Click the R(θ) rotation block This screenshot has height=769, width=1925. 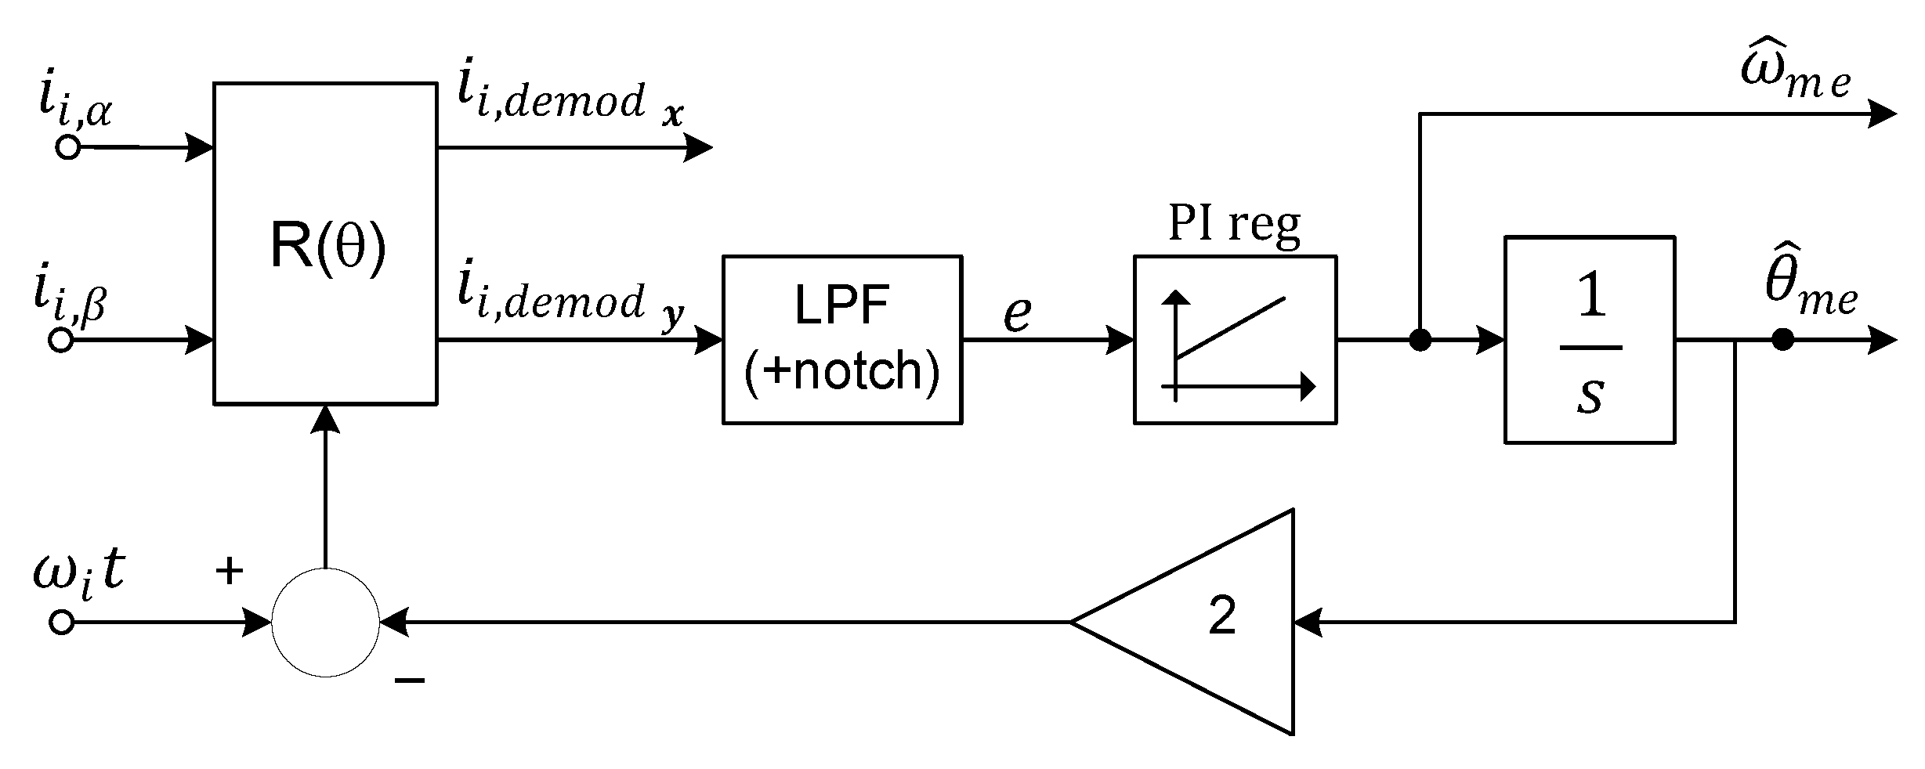(325, 244)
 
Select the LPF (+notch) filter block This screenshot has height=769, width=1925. (841, 339)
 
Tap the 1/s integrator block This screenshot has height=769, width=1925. (1589, 339)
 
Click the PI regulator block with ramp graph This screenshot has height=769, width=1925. (1235, 339)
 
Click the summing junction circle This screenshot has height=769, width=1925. (325, 623)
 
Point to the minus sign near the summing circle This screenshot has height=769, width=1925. (410, 680)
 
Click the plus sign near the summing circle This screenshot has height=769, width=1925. (229, 571)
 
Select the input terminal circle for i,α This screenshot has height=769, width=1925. (69, 147)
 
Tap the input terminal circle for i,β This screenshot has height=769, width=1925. (61, 340)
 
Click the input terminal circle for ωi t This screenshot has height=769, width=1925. (61, 623)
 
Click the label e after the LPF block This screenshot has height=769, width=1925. (1017, 313)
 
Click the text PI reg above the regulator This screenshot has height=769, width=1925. (1234, 225)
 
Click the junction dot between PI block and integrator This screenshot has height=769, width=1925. (1420, 340)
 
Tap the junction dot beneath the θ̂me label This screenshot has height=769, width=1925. (1783, 340)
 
